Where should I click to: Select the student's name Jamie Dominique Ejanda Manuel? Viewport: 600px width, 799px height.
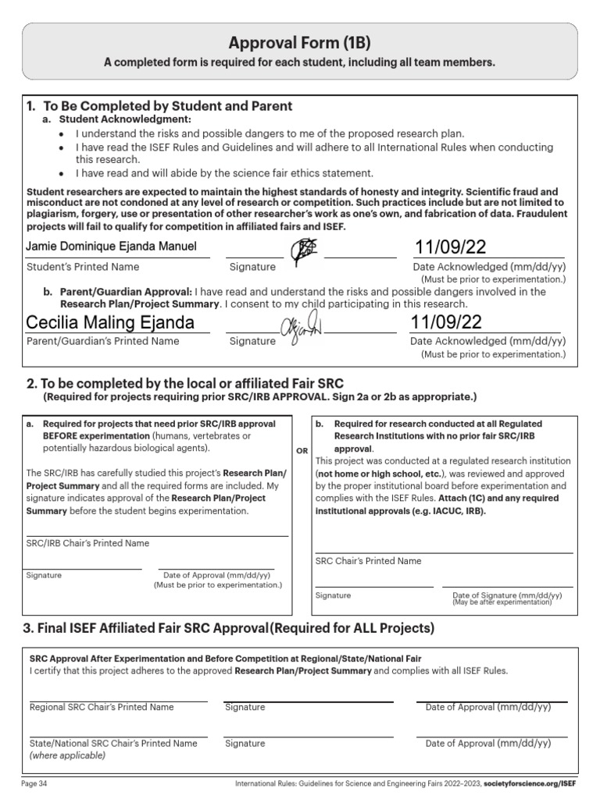[x=112, y=247]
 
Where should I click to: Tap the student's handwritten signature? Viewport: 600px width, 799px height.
[x=303, y=250]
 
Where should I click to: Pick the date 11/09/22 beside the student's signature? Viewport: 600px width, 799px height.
[x=451, y=248]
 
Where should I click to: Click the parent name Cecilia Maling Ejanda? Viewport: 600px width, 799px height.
[x=110, y=323]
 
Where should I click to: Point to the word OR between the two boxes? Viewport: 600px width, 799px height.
[x=301, y=451]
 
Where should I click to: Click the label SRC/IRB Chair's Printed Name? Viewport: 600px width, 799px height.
[x=87, y=543]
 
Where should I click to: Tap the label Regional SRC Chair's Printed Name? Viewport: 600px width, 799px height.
[x=102, y=707]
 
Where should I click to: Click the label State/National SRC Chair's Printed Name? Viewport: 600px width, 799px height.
[x=113, y=744]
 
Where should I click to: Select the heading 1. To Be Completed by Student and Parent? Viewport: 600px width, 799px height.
[x=159, y=106]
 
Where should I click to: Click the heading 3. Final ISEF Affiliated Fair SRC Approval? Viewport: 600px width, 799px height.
[x=230, y=628]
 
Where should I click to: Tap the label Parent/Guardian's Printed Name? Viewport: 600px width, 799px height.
[x=102, y=341]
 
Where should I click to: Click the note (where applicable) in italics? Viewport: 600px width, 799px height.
[x=67, y=755]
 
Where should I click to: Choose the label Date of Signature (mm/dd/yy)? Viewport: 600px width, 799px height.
[x=507, y=595]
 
